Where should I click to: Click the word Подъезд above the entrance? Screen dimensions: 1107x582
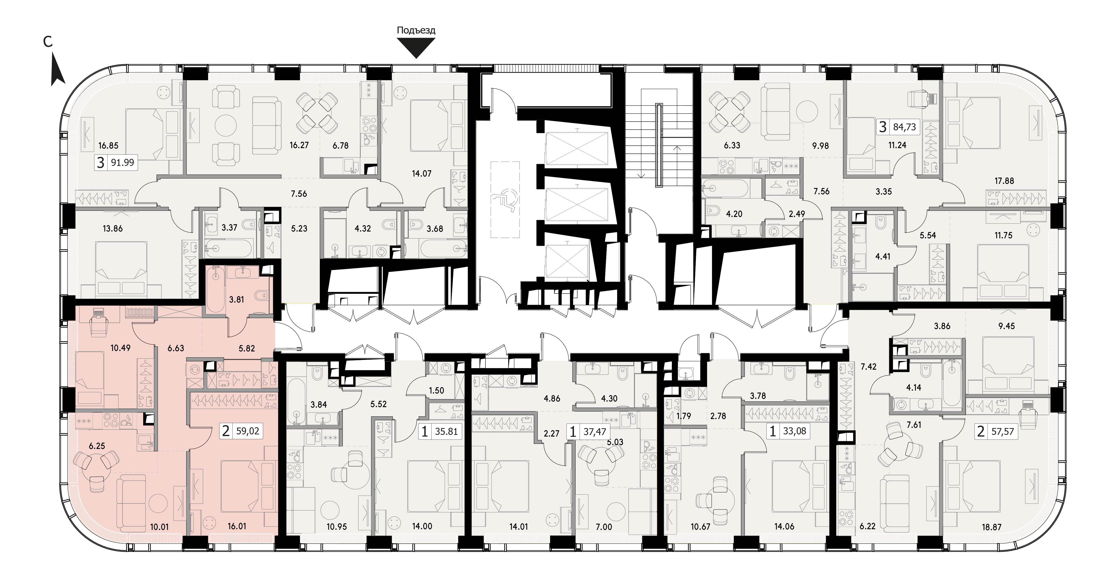[416, 30]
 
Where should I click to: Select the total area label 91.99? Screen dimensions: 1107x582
[123, 162]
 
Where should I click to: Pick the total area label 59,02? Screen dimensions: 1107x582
[248, 431]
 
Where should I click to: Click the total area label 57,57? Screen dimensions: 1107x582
[1002, 431]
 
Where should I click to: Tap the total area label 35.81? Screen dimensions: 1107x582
[447, 431]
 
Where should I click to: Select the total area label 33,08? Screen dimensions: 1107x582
[795, 431]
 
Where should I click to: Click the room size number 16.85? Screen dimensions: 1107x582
[108, 145]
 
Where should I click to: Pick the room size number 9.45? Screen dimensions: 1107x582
[1007, 326]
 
